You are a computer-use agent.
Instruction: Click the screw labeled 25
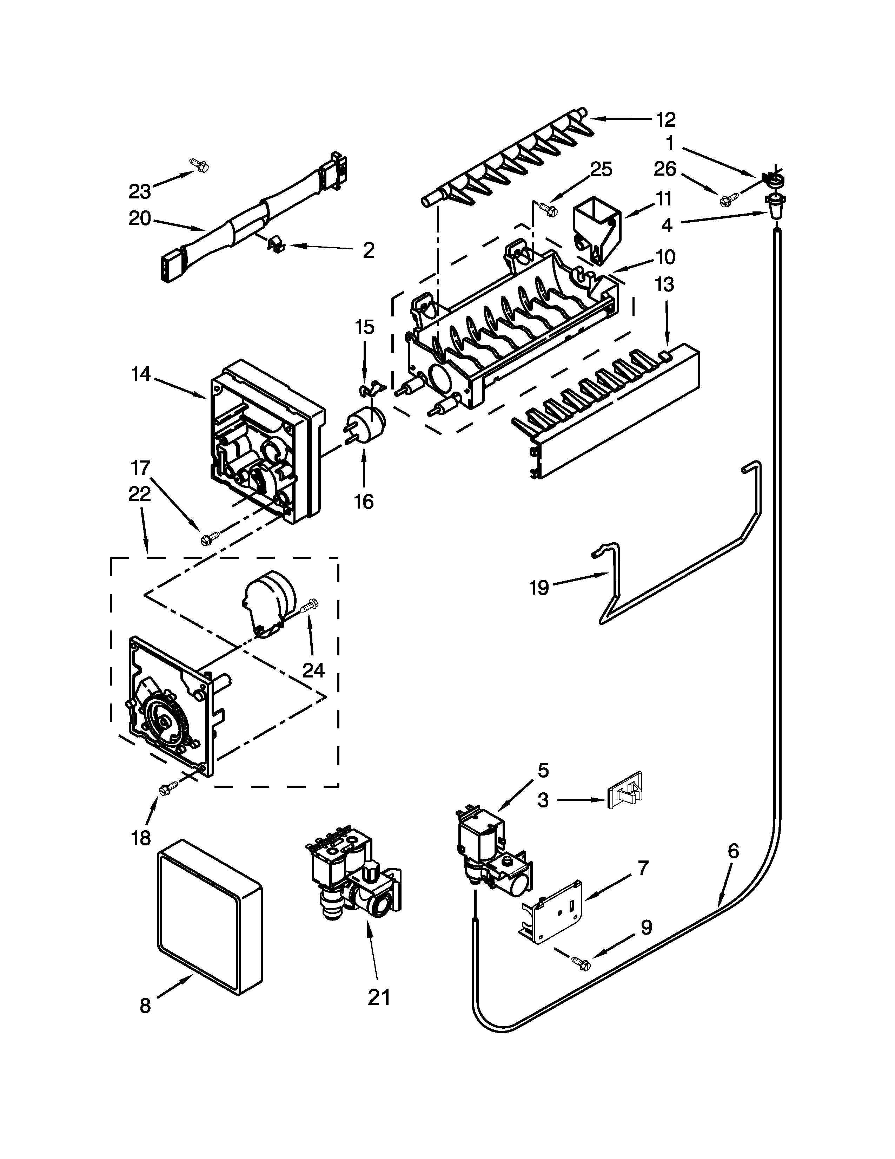pos(548,210)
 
